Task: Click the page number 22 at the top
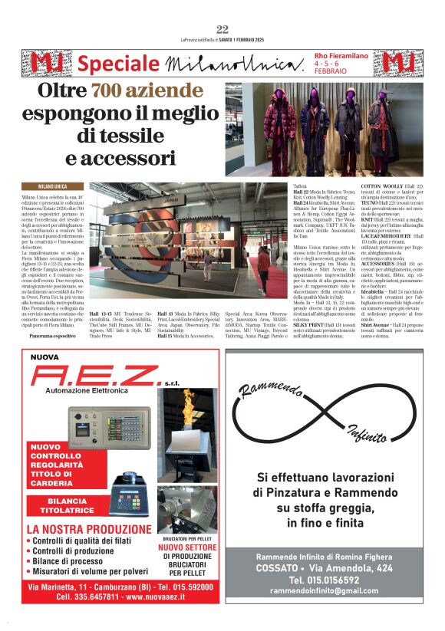222,29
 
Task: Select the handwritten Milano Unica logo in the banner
232,62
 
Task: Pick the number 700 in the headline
116,94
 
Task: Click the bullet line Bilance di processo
67,560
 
